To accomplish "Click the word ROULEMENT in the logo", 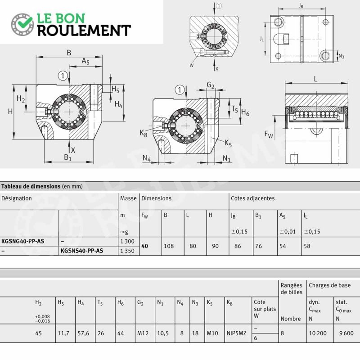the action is click(x=84, y=31).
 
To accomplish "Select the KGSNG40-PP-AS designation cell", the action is click(x=23, y=241).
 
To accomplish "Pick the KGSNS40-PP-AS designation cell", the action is click(x=82, y=251).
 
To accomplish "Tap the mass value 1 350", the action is click(x=127, y=251).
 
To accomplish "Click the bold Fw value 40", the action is click(x=144, y=246).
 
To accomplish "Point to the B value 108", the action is click(x=169, y=246).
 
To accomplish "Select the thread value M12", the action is click(x=143, y=333).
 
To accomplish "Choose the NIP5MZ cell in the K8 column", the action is click(x=237, y=333).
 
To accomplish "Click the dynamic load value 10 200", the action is click(x=318, y=333).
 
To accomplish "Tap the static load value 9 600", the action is click(x=346, y=333).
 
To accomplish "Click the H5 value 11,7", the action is click(x=63, y=333).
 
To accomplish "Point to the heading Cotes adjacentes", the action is click(x=252, y=198).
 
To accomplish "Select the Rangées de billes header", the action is click(x=291, y=288).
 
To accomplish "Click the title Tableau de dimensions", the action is click(x=31, y=186).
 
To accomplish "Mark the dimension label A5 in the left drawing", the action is click(x=85, y=61).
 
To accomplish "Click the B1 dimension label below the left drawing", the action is click(x=68, y=157).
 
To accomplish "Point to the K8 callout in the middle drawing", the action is click(x=144, y=133).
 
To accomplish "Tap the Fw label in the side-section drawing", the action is click(x=269, y=134).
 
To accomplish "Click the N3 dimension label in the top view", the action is click(x=342, y=56).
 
